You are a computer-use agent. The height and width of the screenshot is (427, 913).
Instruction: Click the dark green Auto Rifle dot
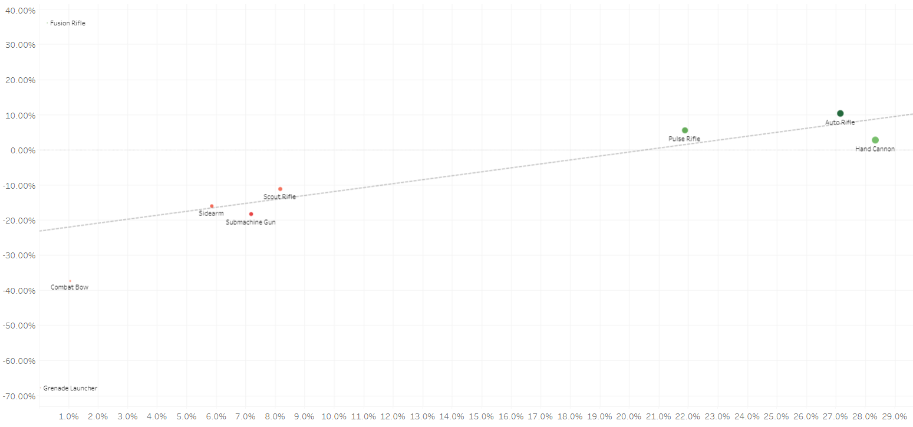point(840,113)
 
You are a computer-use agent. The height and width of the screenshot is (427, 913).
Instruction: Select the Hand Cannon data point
point(875,140)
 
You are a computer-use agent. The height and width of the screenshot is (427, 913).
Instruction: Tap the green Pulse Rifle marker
point(685,130)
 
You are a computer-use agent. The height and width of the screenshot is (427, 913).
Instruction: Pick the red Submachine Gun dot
point(251,214)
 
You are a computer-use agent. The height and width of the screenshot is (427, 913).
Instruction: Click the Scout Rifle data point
point(280,189)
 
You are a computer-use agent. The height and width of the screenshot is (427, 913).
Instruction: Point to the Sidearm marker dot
point(212,206)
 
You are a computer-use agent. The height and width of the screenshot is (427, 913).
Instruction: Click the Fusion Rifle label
point(68,24)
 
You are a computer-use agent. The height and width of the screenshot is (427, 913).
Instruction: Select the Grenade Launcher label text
point(70,388)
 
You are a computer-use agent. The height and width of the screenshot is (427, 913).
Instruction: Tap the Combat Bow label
point(70,287)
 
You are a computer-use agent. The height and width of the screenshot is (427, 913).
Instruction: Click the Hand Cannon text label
point(875,149)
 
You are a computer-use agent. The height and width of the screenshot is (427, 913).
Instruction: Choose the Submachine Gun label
point(251,222)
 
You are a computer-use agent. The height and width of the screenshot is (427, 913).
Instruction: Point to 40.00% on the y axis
point(21,10)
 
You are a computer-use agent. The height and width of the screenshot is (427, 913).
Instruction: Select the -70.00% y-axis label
point(20,396)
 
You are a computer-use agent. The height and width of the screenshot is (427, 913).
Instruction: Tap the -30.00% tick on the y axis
point(20,255)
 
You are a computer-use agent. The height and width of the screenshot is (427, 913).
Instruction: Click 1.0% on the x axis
point(69,416)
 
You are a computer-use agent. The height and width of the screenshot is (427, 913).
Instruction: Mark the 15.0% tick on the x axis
point(482,416)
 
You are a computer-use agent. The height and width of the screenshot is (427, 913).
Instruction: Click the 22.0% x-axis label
point(688,416)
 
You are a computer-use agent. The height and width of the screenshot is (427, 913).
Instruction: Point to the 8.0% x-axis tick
point(275,416)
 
